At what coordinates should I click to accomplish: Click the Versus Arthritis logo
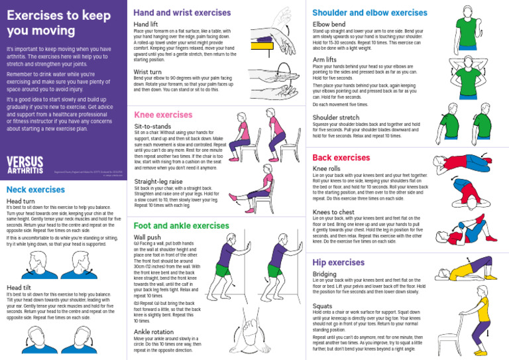click(x=25, y=165)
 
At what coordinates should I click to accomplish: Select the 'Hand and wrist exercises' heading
click(x=182, y=13)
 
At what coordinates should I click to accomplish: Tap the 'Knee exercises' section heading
click(x=163, y=115)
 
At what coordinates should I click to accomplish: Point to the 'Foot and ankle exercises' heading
click(x=181, y=226)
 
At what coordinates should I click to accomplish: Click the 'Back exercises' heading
click(x=341, y=158)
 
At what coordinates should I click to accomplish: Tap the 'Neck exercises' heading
click(x=35, y=190)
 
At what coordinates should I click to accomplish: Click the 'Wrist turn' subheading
click(x=147, y=72)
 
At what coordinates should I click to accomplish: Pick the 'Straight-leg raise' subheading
click(x=158, y=181)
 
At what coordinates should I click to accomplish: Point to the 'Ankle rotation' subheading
click(x=154, y=331)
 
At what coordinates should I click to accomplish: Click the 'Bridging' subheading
click(x=325, y=274)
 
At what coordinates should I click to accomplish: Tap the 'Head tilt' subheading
click(x=19, y=288)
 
